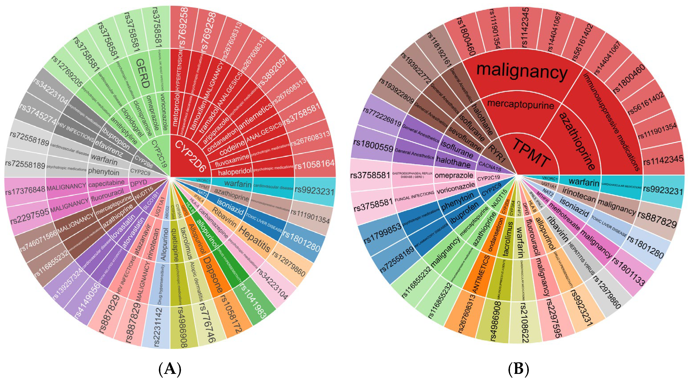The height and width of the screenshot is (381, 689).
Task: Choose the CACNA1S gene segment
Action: (x=489, y=166)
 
